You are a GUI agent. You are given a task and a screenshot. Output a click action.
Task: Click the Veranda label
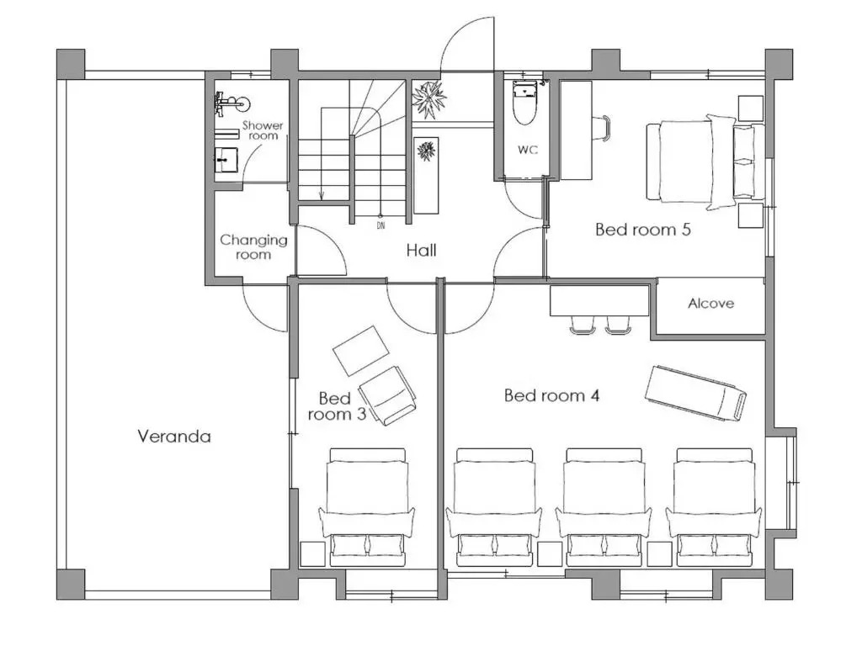[173, 437]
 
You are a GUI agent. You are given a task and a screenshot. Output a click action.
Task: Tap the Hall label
[421, 251]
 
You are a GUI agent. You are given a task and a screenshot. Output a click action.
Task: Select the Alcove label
[710, 303]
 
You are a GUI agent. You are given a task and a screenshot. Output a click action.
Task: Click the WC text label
[528, 150]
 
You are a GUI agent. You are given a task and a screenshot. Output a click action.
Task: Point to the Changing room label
[253, 247]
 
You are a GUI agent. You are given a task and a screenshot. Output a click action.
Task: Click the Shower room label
[263, 130]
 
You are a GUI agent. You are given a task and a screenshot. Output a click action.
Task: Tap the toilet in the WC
[524, 103]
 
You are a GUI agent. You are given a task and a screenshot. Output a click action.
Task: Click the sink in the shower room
[226, 159]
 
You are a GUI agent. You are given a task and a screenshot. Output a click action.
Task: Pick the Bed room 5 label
[642, 229]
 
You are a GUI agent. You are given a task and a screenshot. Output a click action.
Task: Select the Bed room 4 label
[551, 395]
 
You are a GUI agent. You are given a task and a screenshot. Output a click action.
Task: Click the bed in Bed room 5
[705, 161]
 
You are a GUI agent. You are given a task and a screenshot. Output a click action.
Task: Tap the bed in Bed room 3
[367, 507]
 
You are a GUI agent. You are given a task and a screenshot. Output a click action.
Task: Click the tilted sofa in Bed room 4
[695, 393]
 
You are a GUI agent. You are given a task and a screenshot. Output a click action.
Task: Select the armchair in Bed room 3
[387, 395]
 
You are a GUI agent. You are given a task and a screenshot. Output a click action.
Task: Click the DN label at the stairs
[381, 225]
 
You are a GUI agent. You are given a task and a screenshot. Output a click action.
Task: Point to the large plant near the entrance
[428, 99]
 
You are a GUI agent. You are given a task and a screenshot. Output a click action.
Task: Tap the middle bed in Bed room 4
[604, 507]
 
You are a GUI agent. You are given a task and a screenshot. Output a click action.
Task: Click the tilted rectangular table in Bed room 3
[361, 351]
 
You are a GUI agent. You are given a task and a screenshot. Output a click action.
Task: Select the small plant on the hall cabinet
[426, 151]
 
